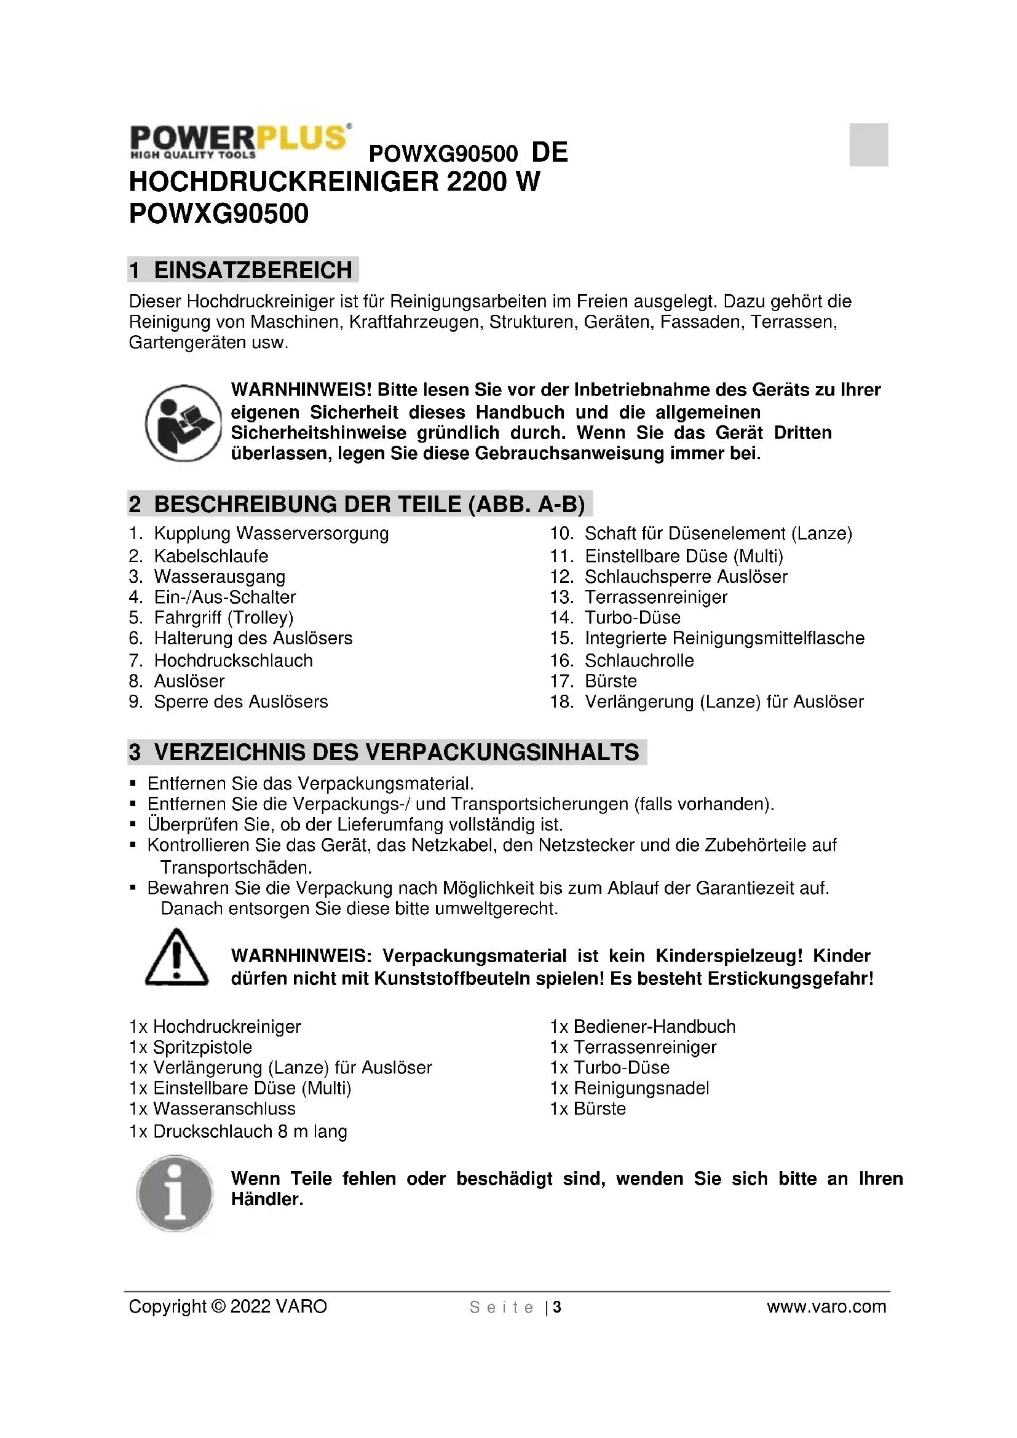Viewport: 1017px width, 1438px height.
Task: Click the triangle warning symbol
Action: [x=176, y=958]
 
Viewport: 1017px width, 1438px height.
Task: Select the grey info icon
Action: [x=175, y=1193]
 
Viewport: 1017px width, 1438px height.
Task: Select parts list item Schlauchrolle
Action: [x=639, y=661]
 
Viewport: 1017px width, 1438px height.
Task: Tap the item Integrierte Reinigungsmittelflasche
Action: [x=724, y=638]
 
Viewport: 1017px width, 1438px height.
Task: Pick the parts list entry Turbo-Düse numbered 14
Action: [x=632, y=617]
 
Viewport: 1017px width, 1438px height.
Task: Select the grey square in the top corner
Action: [x=869, y=144]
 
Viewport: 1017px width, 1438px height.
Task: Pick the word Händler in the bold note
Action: [x=267, y=1199]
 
